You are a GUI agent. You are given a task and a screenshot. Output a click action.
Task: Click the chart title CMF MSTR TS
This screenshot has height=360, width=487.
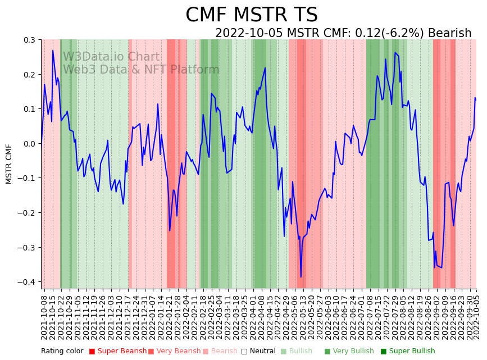coord(252,15)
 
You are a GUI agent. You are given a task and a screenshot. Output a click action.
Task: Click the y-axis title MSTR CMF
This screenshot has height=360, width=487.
coord(9,164)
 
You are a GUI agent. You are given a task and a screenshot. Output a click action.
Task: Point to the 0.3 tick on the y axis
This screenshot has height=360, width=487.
coord(29,40)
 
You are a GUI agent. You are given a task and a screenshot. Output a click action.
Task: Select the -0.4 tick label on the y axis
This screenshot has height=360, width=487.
coord(27,282)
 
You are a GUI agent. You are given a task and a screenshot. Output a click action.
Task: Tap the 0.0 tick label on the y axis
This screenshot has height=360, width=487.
coord(29,144)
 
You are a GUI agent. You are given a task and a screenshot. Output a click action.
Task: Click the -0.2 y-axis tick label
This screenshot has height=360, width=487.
coord(27,213)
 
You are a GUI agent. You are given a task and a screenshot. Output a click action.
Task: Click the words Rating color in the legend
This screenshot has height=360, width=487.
coord(62,352)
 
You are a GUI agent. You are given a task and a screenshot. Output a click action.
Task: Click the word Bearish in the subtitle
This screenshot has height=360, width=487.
coord(449,33)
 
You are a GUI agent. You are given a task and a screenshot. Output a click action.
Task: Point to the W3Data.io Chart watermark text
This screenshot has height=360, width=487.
coord(111,57)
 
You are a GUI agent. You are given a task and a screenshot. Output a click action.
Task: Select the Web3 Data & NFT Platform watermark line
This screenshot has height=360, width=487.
coord(141,70)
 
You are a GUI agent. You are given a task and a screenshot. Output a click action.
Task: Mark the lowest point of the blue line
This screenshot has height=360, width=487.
coord(301,277)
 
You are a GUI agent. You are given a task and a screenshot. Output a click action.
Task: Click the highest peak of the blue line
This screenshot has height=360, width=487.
coord(53,51)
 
